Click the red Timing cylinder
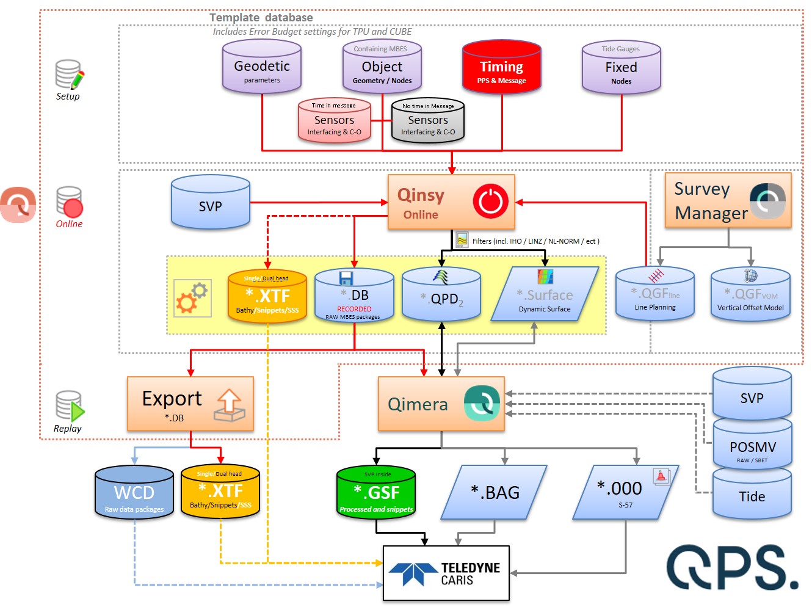tap(502, 68)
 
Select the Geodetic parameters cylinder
tap(262, 67)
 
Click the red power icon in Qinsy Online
tap(490, 201)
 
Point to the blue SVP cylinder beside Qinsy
tap(211, 203)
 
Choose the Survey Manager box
tap(728, 200)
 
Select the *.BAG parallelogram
tap(495, 492)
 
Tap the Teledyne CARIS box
tap(446, 573)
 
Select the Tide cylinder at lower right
tap(752, 495)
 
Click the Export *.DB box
tap(190, 404)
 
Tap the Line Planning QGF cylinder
tap(654, 295)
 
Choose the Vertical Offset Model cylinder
tap(750, 296)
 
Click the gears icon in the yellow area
tap(192, 298)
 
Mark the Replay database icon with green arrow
tap(69, 407)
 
